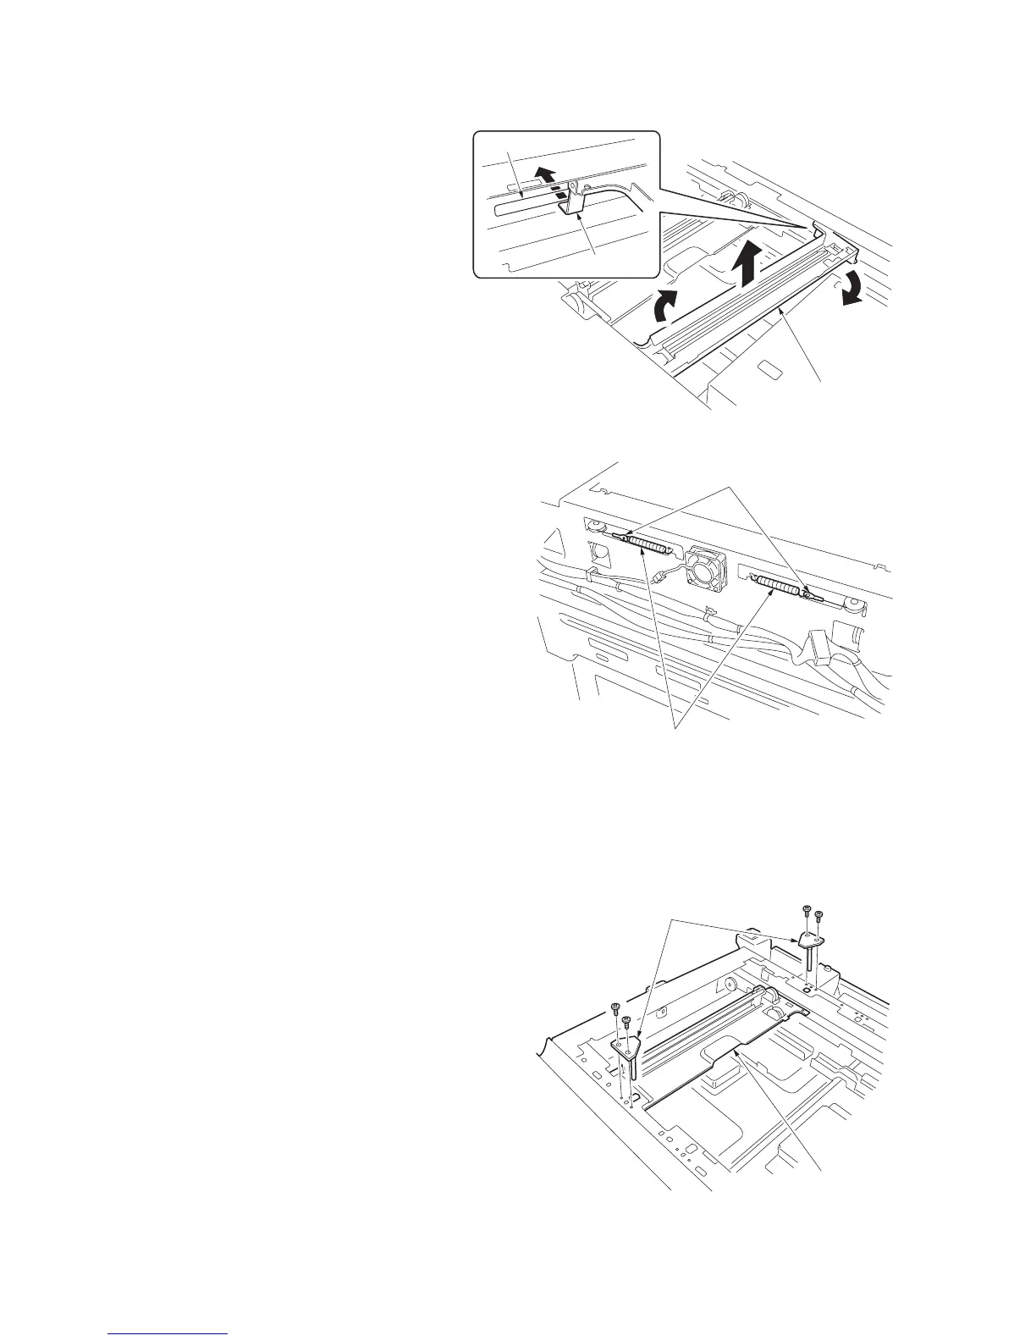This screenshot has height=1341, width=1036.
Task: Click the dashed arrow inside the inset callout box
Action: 549,184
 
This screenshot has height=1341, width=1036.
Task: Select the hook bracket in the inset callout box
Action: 575,203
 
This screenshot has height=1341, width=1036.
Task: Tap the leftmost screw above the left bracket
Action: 615,1007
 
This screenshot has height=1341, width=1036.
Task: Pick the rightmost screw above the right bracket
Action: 818,914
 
